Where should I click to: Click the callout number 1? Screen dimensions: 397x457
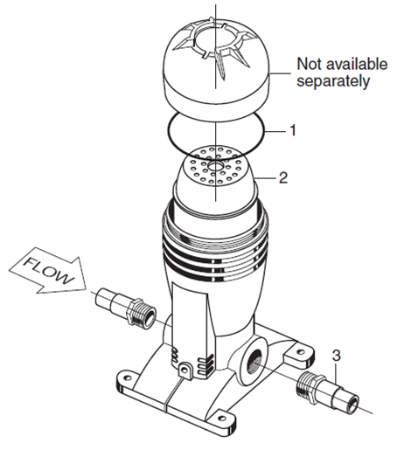tap(293, 130)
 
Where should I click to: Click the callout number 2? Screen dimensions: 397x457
tap(283, 177)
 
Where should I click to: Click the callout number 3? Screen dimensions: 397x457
tap(337, 356)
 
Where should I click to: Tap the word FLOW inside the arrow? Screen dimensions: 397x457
tap(48, 271)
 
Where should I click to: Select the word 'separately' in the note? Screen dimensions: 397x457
tap(333, 80)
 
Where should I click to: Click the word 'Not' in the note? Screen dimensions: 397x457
tap(310, 64)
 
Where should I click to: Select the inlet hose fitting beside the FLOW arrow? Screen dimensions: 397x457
tap(126, 308)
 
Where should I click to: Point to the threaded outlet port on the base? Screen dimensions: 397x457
tap(254, 360)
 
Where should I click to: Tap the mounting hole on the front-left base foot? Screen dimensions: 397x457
tap(127, 377)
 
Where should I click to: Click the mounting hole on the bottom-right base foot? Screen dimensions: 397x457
tap(222, 419)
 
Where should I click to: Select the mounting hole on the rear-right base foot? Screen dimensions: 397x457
tap(300, 352)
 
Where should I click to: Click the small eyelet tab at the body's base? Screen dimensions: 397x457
tap(185, 370)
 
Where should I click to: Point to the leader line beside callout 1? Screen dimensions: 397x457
tap(275, 132)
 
